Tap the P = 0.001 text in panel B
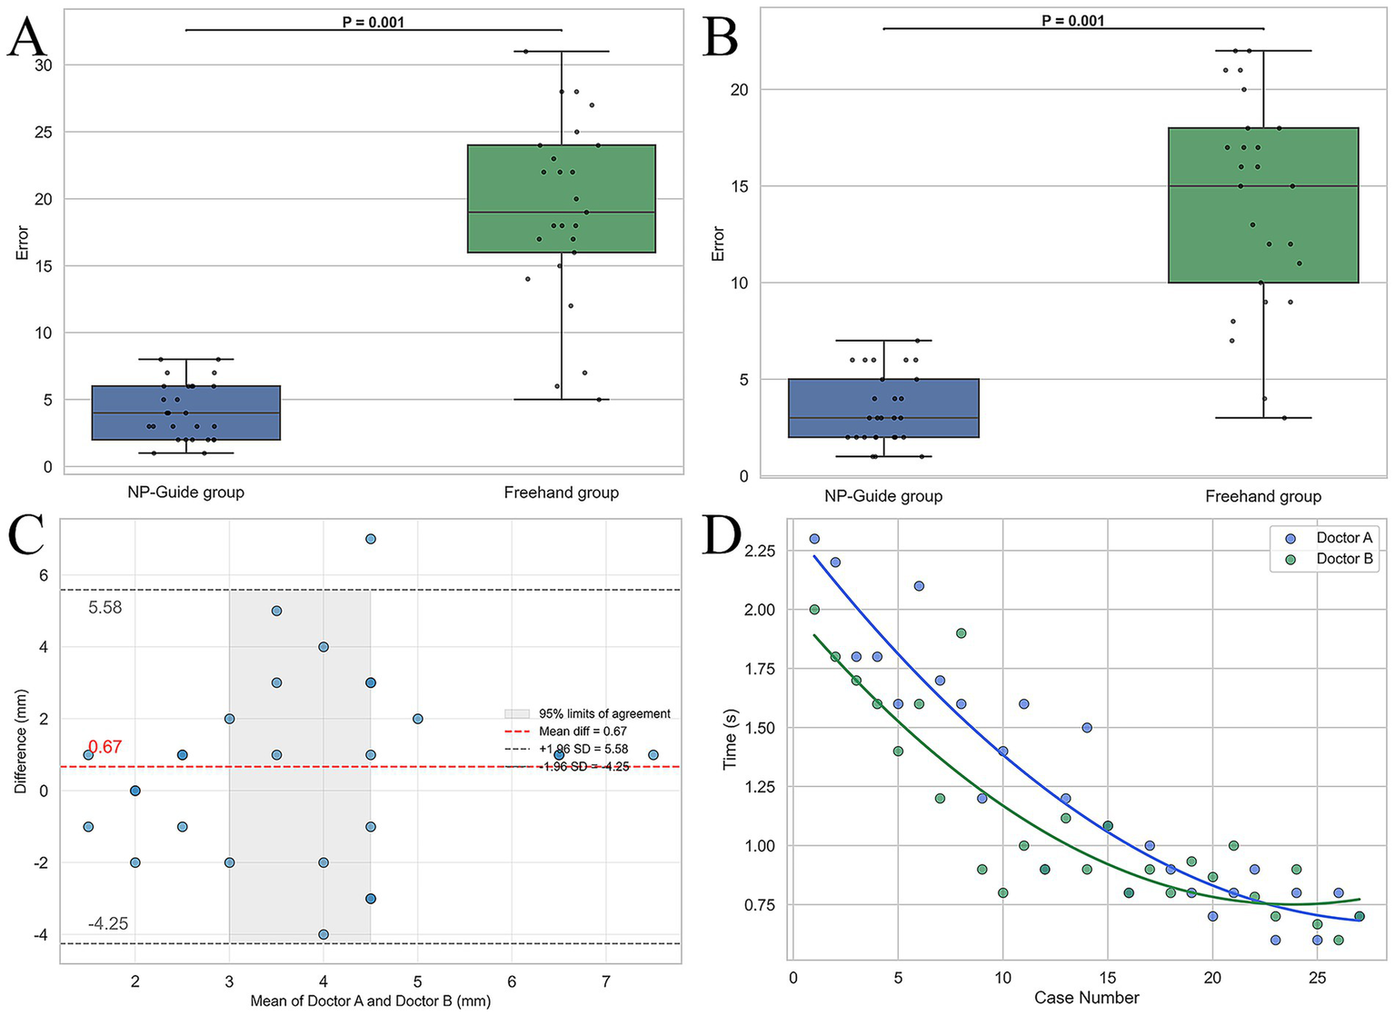(x=1072, y=20)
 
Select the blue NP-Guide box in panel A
(x=185, y=413)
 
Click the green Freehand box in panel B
(x=1262, y=205)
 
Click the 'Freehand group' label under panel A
(x=561, y=493)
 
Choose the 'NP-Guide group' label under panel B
(x=882, y=496)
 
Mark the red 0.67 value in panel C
(x=105, y=747)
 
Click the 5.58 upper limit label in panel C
(x=105, y=607)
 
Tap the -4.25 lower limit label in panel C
(x=107, y=924)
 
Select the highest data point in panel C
(x=370, y=539)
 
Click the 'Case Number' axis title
(x=1086, y=998)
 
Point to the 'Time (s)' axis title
(x=730, y=739)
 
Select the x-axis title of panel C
(x=370, y=1001)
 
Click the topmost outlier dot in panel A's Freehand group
(x=525, y=51)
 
